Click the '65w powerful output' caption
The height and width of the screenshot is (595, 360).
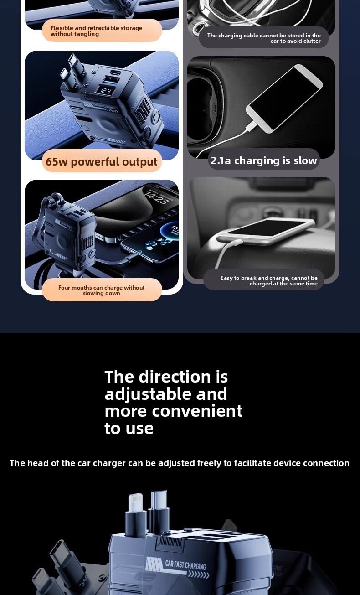coord(102,161)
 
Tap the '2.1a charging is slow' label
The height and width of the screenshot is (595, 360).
coord(264,160)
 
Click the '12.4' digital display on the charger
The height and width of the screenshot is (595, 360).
coord(105,91)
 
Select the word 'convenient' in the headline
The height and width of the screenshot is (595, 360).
coord(197,411)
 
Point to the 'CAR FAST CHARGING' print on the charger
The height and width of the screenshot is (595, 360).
coord(185,565)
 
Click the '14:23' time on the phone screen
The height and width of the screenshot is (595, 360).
coord(156,198)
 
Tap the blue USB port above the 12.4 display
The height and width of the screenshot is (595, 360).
coord(108,80)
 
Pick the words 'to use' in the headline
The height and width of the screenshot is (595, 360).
coord(129,428)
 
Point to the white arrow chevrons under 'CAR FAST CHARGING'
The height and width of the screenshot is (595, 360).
coord(198,575)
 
